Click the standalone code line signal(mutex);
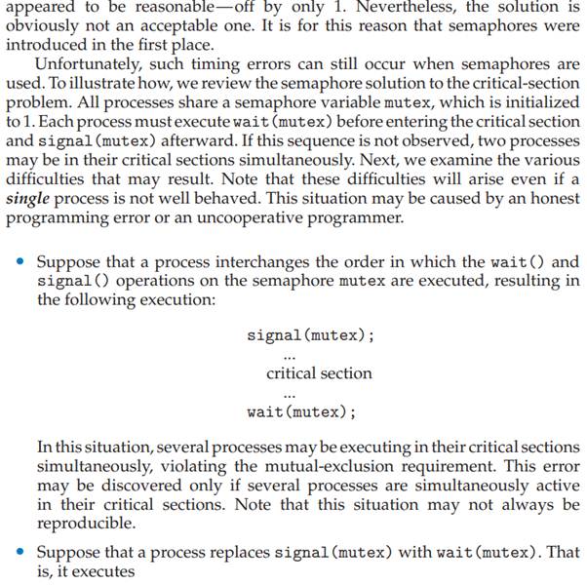click(310, 335)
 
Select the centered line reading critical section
click(319, 372)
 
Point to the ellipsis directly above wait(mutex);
click(289, 395)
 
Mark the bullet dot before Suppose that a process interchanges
click(20, 263)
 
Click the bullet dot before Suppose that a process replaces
click(20, 553)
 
